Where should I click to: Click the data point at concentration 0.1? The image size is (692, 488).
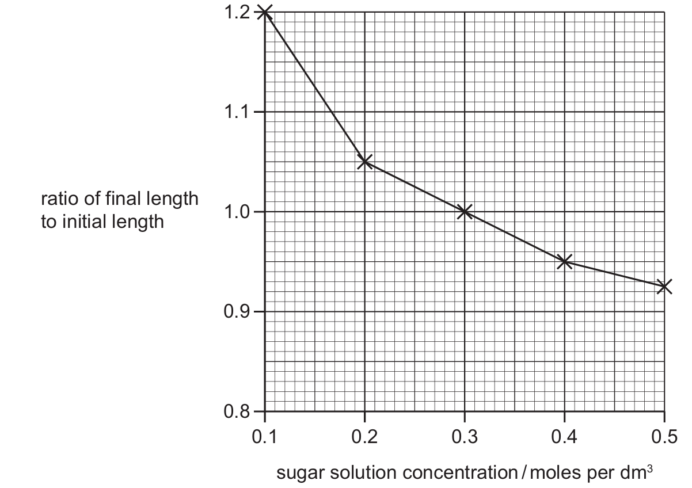point(265,12)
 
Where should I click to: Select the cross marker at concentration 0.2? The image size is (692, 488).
point(364,162)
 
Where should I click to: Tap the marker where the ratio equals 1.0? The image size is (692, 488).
point(465,212)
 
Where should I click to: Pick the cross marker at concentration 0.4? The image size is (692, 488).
point(565,262)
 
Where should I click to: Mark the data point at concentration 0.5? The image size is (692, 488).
point(664,286)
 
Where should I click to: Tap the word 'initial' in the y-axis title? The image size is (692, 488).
point(79,222)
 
